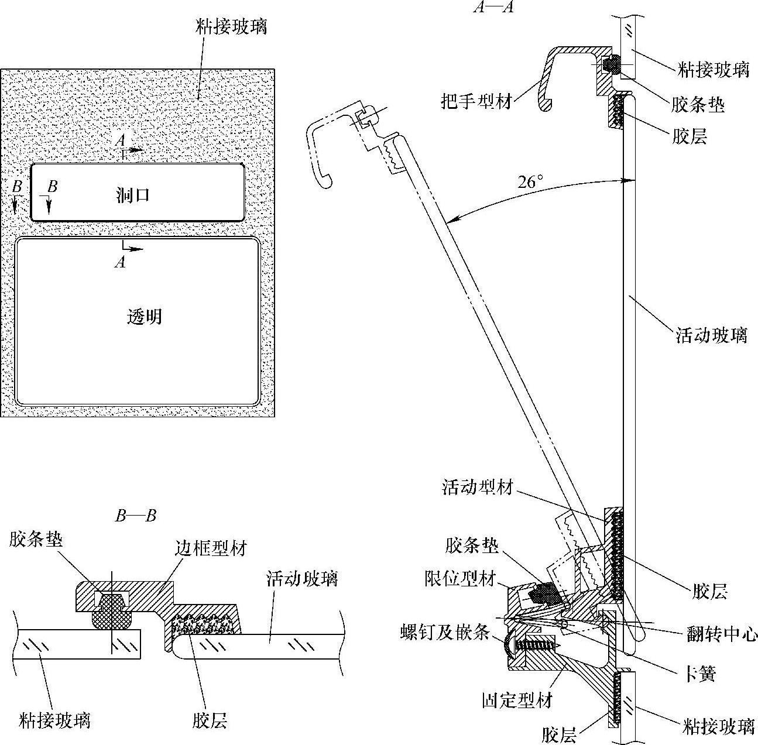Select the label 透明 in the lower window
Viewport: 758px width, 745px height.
click(x=144, y=317)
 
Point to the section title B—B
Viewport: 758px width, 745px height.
click(x=136, y=515)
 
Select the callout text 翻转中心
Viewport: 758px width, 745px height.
click(x=722, y=634)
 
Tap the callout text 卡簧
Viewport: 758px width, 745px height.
click(x=701, y=674)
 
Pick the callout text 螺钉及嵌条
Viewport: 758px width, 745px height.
click(x=445, y=633)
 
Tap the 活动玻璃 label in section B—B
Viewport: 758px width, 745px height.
click(x=302, y=579)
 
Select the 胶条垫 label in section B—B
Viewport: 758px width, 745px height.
click(x=36, y=539)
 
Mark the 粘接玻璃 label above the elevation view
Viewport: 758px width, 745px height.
click(x=232, y=26)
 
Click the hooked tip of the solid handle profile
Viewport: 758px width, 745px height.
click(x=545, y=105)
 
